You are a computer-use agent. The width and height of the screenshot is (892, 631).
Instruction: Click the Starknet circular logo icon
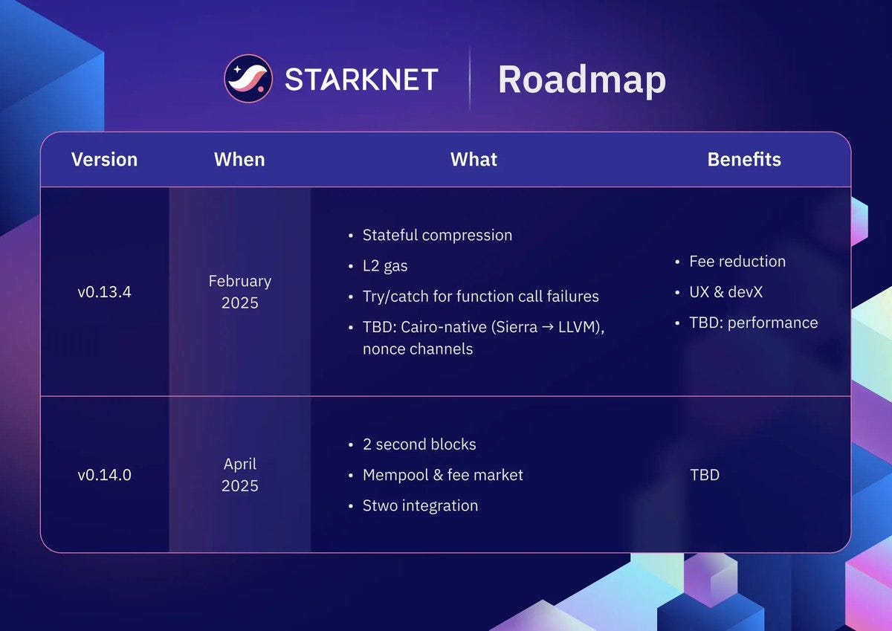click(x=249, y=79)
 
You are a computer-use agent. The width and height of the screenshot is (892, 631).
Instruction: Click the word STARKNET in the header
click(x=361, y=80)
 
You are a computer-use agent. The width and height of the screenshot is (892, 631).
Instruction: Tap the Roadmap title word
click(x=581, y=80)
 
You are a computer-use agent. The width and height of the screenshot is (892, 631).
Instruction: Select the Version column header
click(x=104, y=160)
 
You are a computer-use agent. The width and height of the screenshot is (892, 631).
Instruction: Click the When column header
click(x=239, y=160)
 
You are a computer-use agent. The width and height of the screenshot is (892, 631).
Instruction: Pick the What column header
click(x=474, y=160)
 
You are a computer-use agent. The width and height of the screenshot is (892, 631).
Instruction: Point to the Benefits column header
click(x=744, y=160)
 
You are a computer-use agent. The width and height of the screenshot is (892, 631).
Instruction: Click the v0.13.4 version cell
click(x=104, y=292)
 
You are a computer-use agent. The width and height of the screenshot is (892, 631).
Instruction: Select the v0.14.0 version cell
click(x=104, y=475)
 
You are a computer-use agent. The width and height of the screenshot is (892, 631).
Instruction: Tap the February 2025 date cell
click(x=239, y=292)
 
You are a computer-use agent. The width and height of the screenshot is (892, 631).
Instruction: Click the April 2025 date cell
click(x=239, y=475)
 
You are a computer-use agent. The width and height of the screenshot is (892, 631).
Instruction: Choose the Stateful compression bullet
click(x=437, y=236)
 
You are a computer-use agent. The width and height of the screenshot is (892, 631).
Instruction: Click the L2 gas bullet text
click(x=385, y=266)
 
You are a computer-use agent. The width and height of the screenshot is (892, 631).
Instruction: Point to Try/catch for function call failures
click(x=480, y=297)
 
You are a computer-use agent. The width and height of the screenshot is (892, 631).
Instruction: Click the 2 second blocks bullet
click(x=419, y=444)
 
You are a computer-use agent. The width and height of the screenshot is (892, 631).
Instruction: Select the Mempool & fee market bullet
click(x=442, y=475)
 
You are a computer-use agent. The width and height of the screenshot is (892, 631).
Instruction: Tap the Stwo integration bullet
click(x=420, y=505)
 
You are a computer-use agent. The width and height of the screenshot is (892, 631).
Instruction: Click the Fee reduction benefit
click(x=737, y=262)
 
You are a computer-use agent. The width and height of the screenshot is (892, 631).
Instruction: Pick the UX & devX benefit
click(x=725, y=292)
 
